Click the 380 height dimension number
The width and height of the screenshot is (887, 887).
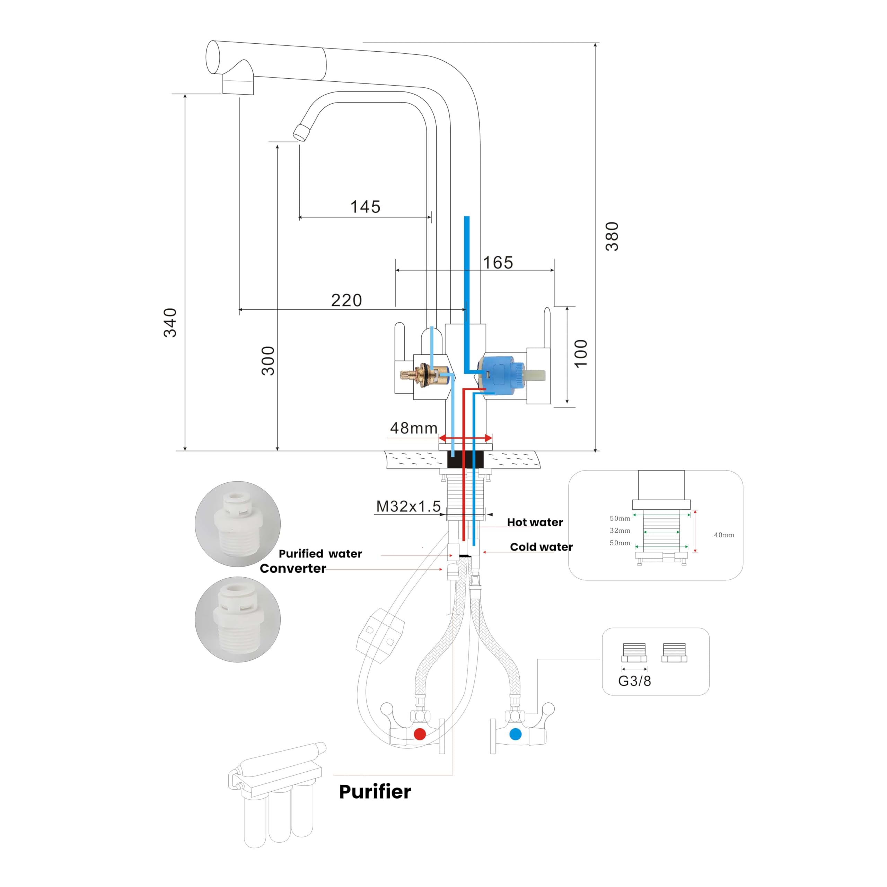pos(612,236)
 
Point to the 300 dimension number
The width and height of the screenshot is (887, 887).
pos(268,361)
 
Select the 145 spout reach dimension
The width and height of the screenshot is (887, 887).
pos(366,207)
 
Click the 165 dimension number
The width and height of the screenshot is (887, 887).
pos(498,263)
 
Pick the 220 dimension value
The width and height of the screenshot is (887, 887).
pos(346,301)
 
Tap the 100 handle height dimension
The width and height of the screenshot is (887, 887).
pos(581,353)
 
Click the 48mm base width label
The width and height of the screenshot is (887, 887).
pos(414,428)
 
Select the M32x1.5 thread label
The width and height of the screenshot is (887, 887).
pos(408,507)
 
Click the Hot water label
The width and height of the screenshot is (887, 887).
pos(535,522)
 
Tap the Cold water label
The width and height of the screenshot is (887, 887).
pos(541,547)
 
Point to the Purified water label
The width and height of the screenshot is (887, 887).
pos(320,554)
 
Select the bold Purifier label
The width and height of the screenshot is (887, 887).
pos(375,792)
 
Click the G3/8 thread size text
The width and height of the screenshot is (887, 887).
pos(634,681)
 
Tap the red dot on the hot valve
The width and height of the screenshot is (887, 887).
pos(420,734)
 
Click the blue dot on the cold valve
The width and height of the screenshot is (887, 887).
pos(516,734)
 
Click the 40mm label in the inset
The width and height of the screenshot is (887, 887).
pos(724,535)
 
